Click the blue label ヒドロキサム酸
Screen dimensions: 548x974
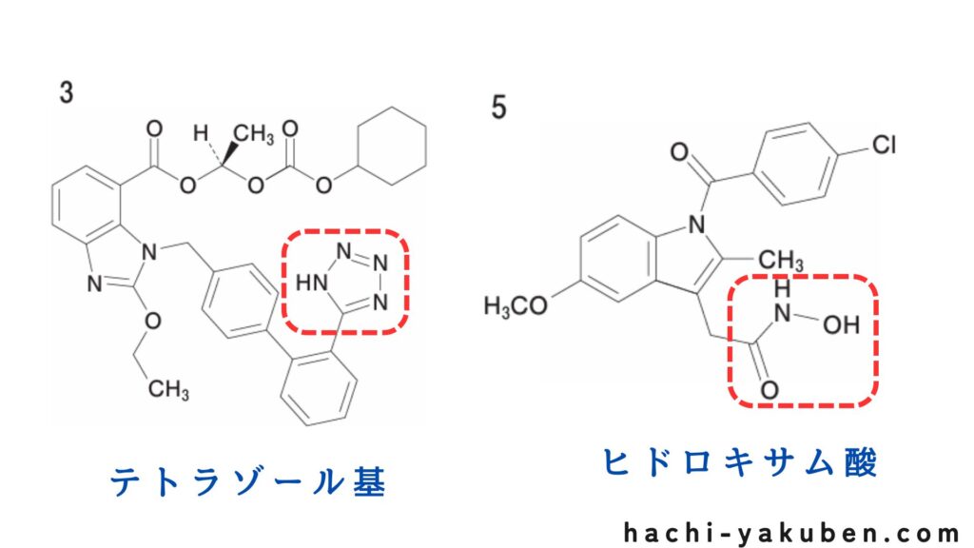click(x=740, y=463)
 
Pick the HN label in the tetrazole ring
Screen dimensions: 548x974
click(x=308, y=283)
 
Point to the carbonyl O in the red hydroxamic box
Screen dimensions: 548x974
click(x=769, y=390)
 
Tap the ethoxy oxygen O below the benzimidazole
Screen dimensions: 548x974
click(x=149, y=326)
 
